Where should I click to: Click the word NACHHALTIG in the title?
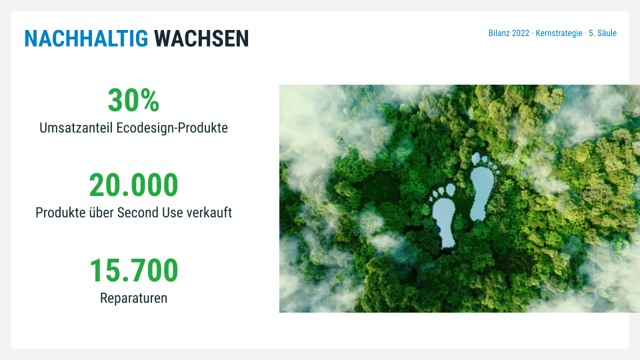[86, 39]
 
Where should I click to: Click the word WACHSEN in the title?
[201, 39]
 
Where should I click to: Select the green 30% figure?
[133, 101]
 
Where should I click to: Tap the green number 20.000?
[133, 185]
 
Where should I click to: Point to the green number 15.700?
[133, 271]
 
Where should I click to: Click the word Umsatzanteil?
[76, 128]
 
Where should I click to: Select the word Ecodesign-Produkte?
[172, 128]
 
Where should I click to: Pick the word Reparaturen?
[133, 299]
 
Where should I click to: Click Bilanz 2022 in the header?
[509, 33]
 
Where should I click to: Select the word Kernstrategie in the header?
[559, 33]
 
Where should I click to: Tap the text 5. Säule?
[603, 33]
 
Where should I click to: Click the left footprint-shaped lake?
[444, 223]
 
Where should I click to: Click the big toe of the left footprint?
[450, 190]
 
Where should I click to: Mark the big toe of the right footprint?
[476, 158]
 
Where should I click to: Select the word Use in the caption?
[172, 213]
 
